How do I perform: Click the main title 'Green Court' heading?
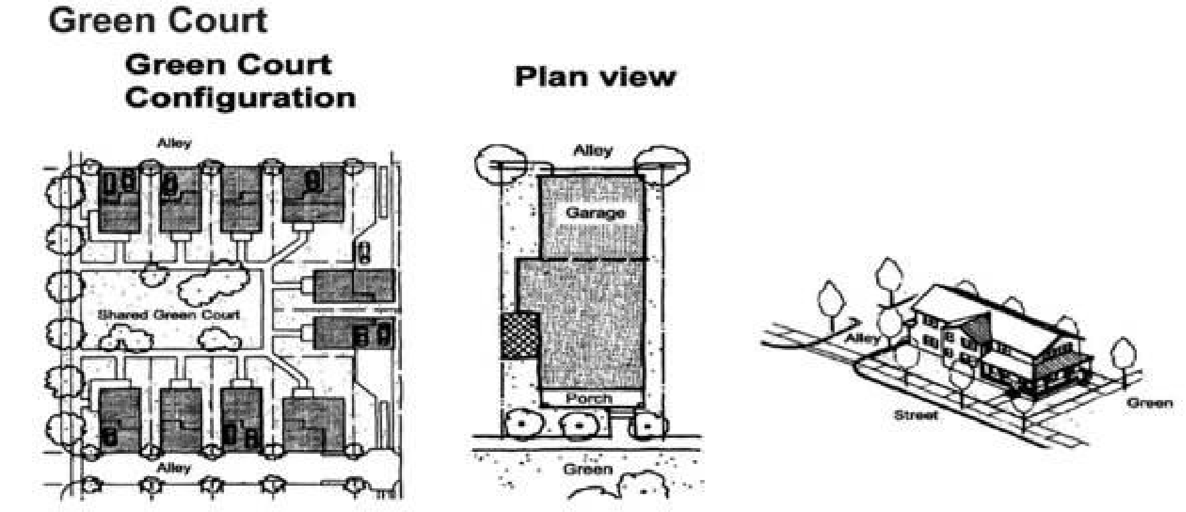(x=157, y=20)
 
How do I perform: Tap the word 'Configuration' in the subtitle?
(x=240, y=98)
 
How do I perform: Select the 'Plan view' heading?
(x=595, y=76)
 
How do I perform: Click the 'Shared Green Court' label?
(x=169, y=314)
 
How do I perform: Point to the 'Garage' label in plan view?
(x=595, y=212)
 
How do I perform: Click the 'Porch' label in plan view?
(x=588, y=398)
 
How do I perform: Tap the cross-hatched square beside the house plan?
(x=519, y=335)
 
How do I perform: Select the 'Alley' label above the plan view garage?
(x=593, y=151)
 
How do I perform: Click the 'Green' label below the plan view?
(x=588, y=470)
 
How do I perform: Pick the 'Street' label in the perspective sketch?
(x=916, y=415)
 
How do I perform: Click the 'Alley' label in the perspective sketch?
(x=862, y=338)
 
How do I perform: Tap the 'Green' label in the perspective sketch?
(x=1150, y=403)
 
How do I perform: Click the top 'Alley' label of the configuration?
(x=174, y=143)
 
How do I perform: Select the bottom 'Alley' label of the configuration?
(x=174, y=468)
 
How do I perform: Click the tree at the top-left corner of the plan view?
(x=501, y=164)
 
